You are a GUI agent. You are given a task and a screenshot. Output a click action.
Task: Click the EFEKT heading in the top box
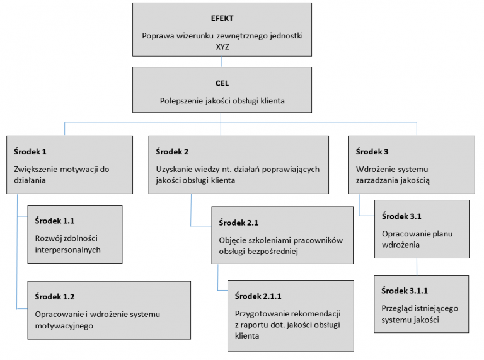[222, 18]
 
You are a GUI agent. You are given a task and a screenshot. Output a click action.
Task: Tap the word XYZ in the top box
[222, 47]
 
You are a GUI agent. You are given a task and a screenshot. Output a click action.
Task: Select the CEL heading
[222, 83]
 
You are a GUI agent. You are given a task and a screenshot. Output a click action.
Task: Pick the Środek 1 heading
[30, 152]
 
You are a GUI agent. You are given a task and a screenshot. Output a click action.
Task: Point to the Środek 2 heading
[173, 152]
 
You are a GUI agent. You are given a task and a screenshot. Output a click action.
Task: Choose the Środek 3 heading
[372, 152]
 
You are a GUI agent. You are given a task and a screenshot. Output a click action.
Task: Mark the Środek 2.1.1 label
[258, 296]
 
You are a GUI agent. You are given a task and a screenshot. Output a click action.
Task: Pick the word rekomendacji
[320, 313]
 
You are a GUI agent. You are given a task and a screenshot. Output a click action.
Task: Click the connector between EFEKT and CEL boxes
[222, 62]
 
